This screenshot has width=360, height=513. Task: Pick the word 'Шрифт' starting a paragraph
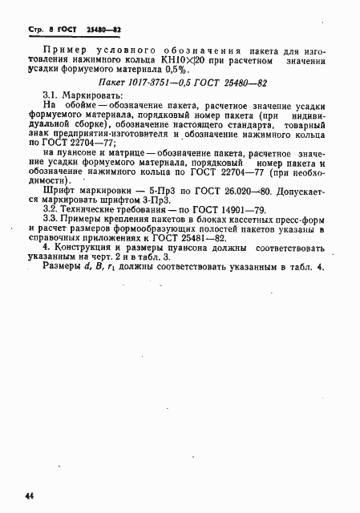(x=59, y=226)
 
